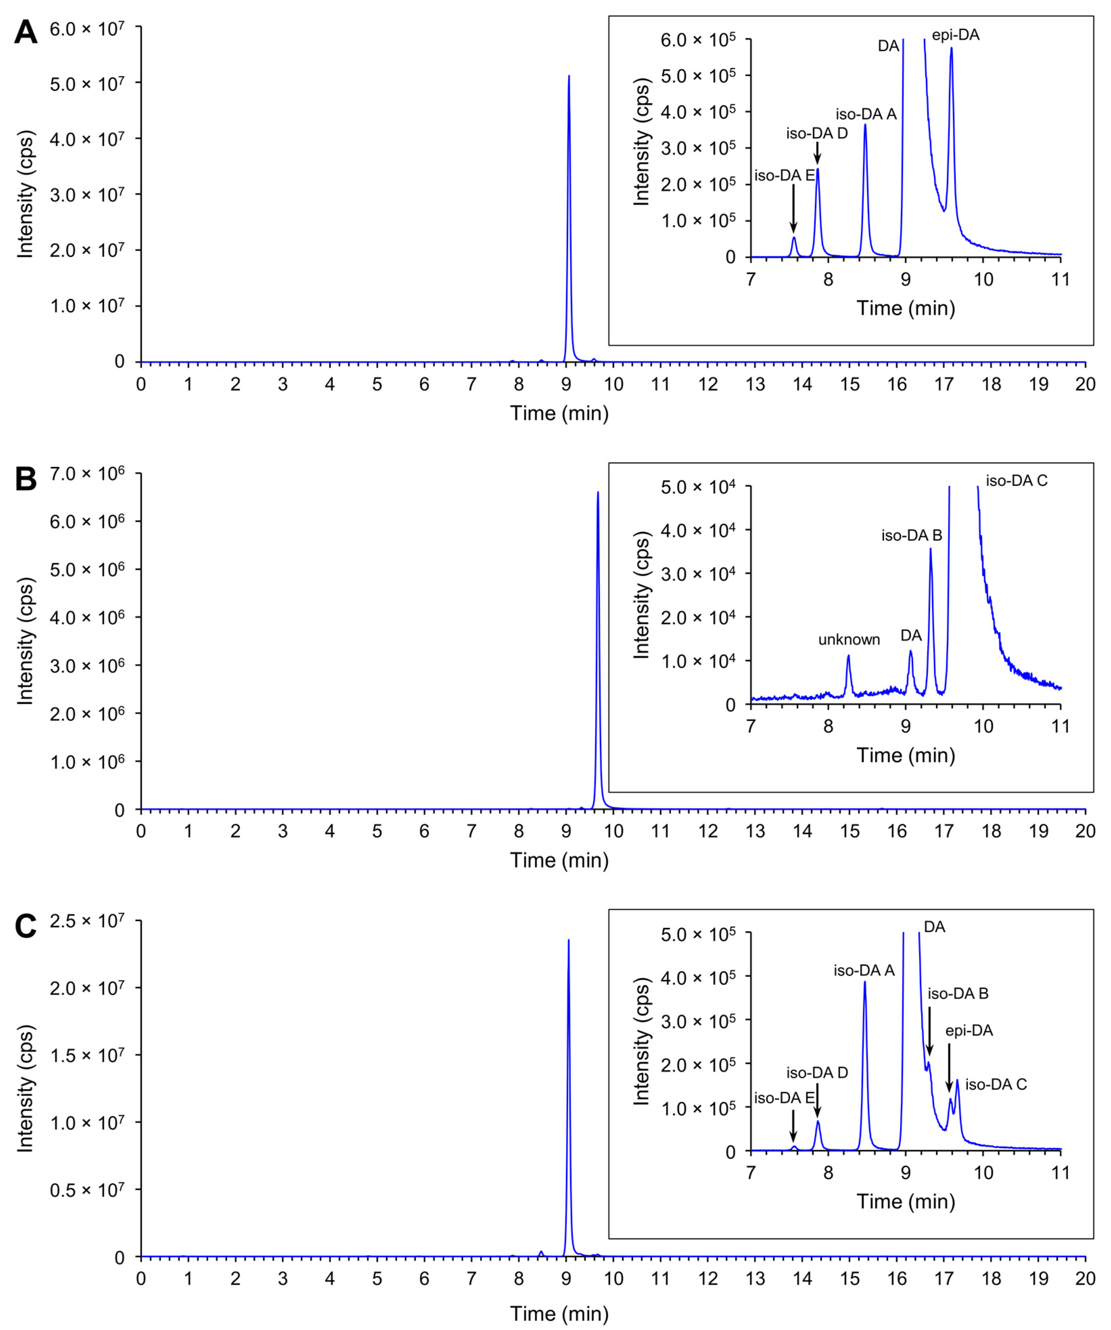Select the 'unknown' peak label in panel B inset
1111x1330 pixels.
(x=849, y=640)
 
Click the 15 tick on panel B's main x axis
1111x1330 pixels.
(x=850, y=831)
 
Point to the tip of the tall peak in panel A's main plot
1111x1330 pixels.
(x=569, y=76)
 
